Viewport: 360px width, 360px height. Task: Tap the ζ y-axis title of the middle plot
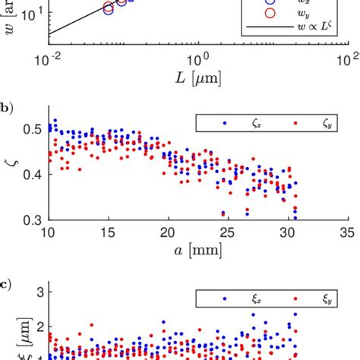pyautogui.click(x=9, y=174)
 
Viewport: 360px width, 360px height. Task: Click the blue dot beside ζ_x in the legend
pyautogui.click(x=225, y=122)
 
